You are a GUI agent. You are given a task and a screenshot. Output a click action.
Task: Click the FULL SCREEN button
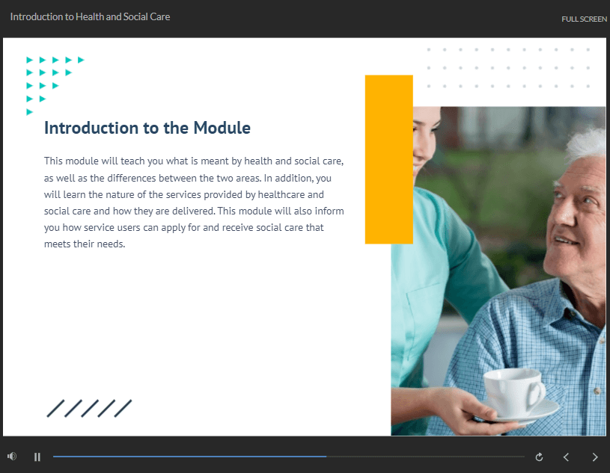pos(584,19)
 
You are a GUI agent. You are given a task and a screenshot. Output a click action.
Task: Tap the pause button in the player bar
pos(37,457)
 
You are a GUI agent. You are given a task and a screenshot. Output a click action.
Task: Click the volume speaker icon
pos(12,457)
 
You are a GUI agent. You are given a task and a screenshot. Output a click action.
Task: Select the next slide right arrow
pos(595,457)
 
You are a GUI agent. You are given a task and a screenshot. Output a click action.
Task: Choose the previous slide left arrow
pos(566,457)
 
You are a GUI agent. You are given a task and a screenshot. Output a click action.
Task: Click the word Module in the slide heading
pos(222,128)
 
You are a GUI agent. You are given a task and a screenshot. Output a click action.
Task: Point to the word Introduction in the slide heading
pos(91,128)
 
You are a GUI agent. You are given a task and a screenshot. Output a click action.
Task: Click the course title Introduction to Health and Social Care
pos(90,16)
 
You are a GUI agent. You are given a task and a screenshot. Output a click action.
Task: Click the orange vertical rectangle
pos(388,159)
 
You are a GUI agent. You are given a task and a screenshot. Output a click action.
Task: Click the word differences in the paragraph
pos(132,179)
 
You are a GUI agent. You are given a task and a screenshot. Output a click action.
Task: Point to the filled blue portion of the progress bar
pos(189,457)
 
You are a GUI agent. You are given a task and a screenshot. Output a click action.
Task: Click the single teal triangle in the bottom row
pos(30,112)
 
